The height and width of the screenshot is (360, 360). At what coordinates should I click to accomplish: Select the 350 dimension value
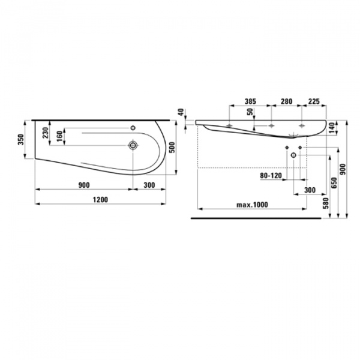[x=22, y=140]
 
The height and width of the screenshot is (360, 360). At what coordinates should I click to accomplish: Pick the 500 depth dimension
[x=173, y=146]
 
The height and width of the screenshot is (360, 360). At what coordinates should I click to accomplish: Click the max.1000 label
[x=251, y=205]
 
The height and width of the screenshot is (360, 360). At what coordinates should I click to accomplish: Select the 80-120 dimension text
[x=271, y=176]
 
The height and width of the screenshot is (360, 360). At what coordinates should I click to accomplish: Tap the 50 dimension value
[x=251, y=112]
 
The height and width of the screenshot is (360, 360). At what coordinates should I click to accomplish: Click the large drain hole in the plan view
[x=133, y=145]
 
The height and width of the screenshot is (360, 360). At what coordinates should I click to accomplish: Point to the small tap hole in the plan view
[x=133, y=127]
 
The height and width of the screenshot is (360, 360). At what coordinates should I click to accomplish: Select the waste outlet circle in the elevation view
[x=293, y=155]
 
